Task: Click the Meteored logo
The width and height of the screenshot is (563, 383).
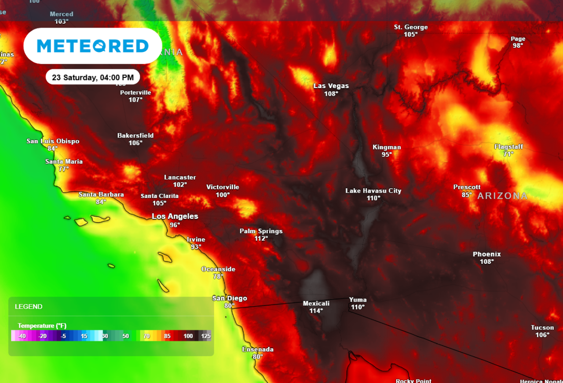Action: tap(93, 46)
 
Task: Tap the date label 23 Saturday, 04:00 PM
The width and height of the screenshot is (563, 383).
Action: tap(92, 77)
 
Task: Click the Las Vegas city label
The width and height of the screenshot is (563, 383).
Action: tap(331, 86)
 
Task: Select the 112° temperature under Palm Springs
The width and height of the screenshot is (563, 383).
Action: tap(261, 238)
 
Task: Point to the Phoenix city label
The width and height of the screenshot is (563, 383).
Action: tap(486, 254)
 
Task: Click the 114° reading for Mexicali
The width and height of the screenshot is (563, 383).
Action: tap(316, 310)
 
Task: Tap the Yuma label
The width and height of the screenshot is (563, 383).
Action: tap(358, 300)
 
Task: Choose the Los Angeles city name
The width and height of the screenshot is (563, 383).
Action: tap(175, 216)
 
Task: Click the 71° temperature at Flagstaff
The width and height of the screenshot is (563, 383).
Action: tap(508, 154)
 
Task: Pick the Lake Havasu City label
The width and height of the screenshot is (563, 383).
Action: tap(373, 191)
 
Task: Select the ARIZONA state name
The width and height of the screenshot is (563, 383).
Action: tap(502, 196)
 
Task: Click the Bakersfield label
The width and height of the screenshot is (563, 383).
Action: tap(135, 135)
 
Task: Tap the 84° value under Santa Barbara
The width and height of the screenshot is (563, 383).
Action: tap(101, 202)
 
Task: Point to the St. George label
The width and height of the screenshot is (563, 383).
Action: tap(410, 27)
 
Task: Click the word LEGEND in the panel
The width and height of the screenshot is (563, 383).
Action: tap(29, 306)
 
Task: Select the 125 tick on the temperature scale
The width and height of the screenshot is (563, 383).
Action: tap(205, 336)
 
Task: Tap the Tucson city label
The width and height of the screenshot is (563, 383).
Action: tap(542, 328)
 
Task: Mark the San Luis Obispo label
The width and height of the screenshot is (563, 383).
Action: tap(53, 141)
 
